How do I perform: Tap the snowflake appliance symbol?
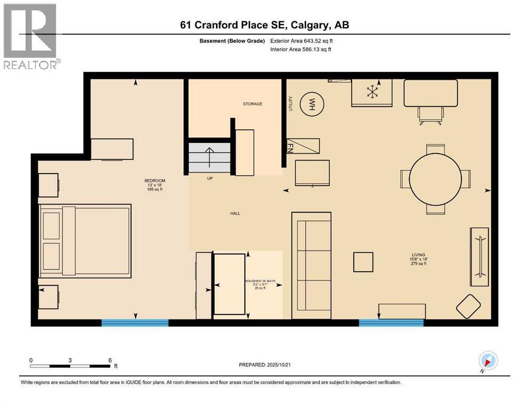pyautogui.click(x=371, y=92)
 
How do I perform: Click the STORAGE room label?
pyautogui.click(x=253, y=104)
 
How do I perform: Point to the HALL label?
pyautogui.click(x=235, y=214)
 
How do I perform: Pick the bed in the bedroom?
pyautogui.click(x=85, y=241)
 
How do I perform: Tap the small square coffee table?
pyautogui.click(x=363, y=262)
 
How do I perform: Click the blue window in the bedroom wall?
pyautogui.click(x=135, y=322)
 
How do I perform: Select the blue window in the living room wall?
pyautogui.click(x=391, y=322)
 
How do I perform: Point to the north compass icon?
pyautogui.click(x=488, y=360)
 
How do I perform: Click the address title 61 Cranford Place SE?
pyautogui.click(x=264, y=25)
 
